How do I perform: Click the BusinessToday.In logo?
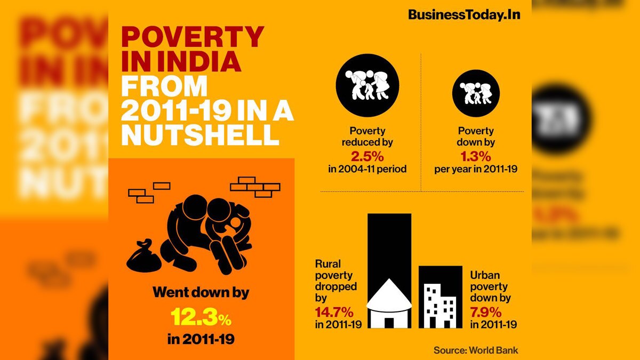click(463, 15)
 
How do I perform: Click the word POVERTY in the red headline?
click(193, 37)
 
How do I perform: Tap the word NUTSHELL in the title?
click(200, 135)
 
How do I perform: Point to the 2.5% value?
click(367, 157)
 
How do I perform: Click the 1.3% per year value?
click(475, 157)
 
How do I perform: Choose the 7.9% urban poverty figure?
click(485, 311)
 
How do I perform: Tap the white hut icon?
click(390, 304)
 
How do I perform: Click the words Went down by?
click(201, 293)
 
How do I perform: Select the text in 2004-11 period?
click(367, 169)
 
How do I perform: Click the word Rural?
click(327, 264)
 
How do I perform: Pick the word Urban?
click(485, 275)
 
